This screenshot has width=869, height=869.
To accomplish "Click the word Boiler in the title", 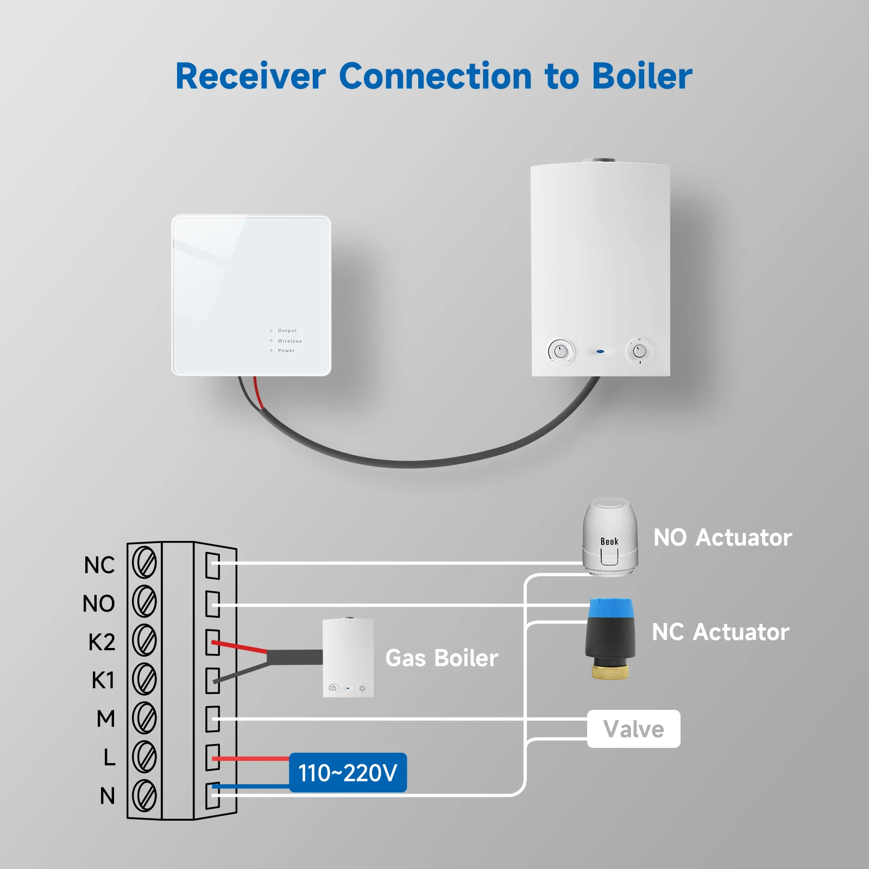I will point(641,76).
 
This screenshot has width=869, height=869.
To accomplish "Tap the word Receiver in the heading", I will point(250,76).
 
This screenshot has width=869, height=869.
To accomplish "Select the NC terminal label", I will point(99,565).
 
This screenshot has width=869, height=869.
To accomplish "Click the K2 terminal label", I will point(102,642).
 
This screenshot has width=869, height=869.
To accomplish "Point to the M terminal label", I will point(106,719).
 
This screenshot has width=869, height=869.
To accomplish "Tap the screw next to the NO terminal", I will point(144,602).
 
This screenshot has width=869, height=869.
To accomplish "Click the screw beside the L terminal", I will point(144,757).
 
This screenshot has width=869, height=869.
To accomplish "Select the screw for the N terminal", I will point(144,795).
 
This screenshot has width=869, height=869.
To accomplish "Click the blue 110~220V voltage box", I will point(348,772).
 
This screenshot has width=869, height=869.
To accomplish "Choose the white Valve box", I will point(633,729).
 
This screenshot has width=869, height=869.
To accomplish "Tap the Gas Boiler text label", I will point(442,658).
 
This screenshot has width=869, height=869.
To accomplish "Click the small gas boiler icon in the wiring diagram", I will point(348,658).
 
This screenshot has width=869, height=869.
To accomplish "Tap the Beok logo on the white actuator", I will point(609,541).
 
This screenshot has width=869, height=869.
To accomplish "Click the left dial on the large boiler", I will point(561,351).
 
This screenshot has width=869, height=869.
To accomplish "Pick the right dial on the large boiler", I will point(639,351).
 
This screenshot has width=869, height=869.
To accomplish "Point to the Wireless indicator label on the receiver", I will point(289,341).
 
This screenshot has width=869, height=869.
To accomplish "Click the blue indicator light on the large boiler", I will point(600,351).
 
